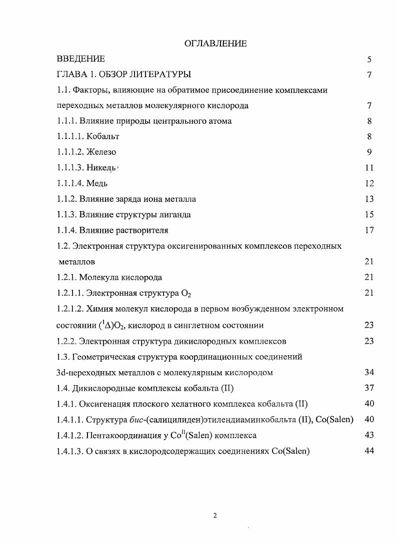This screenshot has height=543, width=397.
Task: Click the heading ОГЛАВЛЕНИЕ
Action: [x=215, y=44]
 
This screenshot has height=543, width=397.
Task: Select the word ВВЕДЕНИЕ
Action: [x=80, y=59]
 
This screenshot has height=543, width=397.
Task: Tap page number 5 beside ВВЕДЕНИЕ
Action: [x=369, y=59]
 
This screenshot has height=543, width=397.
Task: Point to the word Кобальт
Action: [x=102, y=136]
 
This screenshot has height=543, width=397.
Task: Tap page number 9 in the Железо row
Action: [x=369, y=152]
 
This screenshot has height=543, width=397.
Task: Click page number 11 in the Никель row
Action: [x=369, y=168]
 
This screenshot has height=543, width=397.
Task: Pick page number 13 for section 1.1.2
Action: [x=369, y=199]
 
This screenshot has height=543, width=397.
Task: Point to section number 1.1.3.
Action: [x=66, y=215]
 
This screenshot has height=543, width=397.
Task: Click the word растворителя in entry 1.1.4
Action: [x=143, y=230]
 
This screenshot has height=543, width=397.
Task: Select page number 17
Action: [x=369, y=230]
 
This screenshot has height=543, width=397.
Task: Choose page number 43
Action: [x=369, y=435]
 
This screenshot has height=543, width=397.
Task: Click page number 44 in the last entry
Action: [x=369, y=451]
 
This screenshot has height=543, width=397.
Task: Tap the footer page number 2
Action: [x=215, y=516]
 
